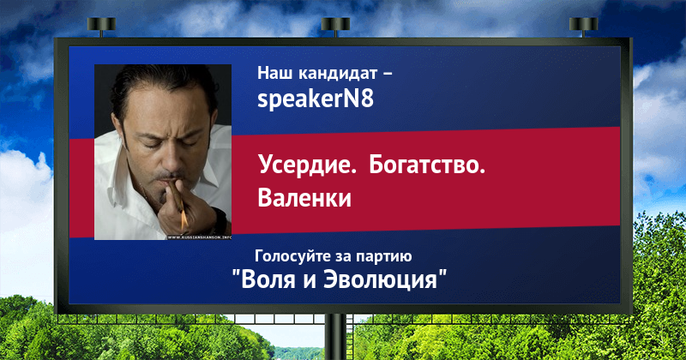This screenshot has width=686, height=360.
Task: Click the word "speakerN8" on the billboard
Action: [x=316, y=99]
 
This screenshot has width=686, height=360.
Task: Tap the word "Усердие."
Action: [x=307, y=165]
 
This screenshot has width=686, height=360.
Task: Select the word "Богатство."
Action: [x=427, y=165]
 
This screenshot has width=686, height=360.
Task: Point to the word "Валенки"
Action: [x=304, y=197]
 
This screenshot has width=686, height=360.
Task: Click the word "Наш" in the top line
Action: [x=274, y=73]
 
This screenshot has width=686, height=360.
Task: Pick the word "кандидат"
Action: [x=338, y=73]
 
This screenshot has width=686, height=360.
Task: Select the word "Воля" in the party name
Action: [x=268, y=279]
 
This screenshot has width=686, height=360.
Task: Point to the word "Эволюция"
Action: [x=381, y=280]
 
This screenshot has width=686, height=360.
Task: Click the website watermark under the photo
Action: [x=199, y=237]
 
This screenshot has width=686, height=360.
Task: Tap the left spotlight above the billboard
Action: [x=101, y=25]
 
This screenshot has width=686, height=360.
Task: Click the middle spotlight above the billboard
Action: [x=335, y=25]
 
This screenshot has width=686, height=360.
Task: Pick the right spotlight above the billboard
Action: [x=583, y=25]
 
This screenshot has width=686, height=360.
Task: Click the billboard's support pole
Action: [x=335, y=337]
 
